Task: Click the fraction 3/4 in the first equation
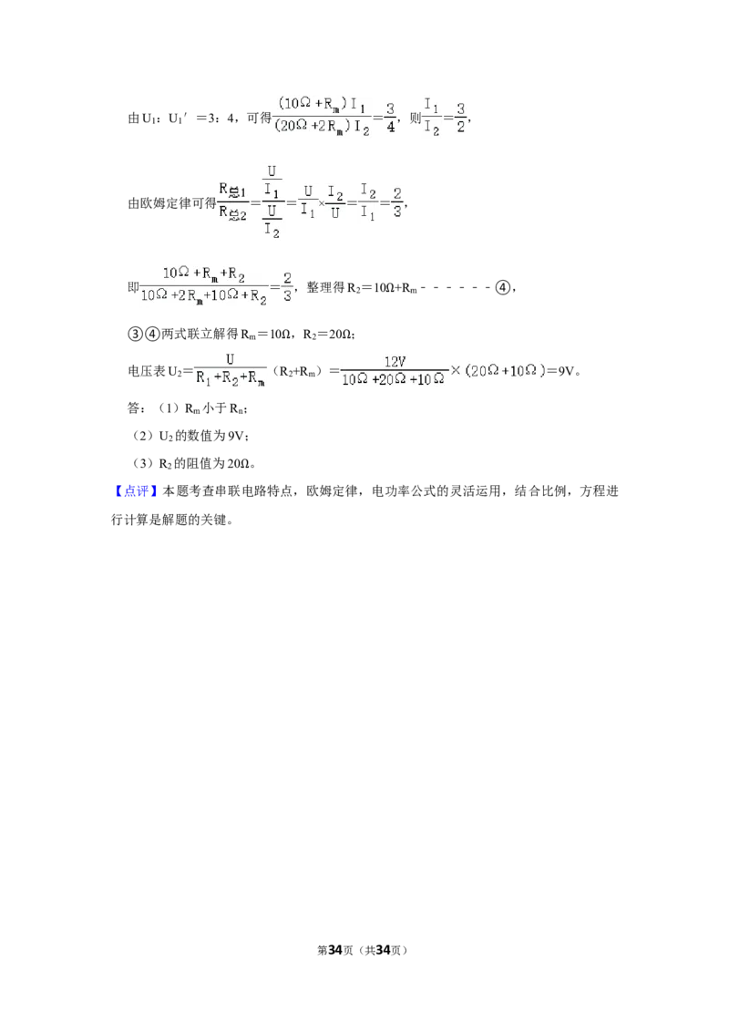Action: point(391,118)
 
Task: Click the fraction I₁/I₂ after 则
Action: point(432,118)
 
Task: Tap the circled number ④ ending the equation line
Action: point(502,287)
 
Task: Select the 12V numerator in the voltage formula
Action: point(395,361)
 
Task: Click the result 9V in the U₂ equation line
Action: point(566,370)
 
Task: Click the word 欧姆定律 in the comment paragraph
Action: point(332,491)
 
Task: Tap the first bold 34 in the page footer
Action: point(335,950)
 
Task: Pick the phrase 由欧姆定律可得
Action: point(171,203)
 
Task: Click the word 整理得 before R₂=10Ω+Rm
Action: point(325,287)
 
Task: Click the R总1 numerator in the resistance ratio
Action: point(232,191)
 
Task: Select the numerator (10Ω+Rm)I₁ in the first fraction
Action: point(323,105)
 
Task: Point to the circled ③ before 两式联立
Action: point(134,335)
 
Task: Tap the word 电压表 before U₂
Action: point(147,370)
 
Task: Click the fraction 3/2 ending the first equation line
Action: point(460,118)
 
